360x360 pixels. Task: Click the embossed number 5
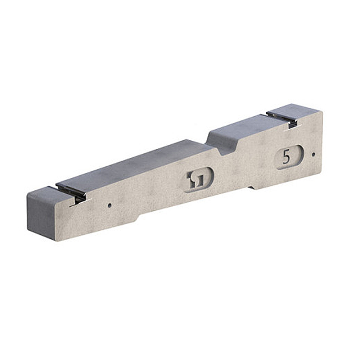click(x=286, y=157)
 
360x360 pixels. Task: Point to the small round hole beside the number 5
click(x=313, y=154)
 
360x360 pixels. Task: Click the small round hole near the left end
click(x=109, y=206)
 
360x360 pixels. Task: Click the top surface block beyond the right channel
click(x=293, y=109)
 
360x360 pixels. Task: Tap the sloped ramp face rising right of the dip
click(x=216, y=139)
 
